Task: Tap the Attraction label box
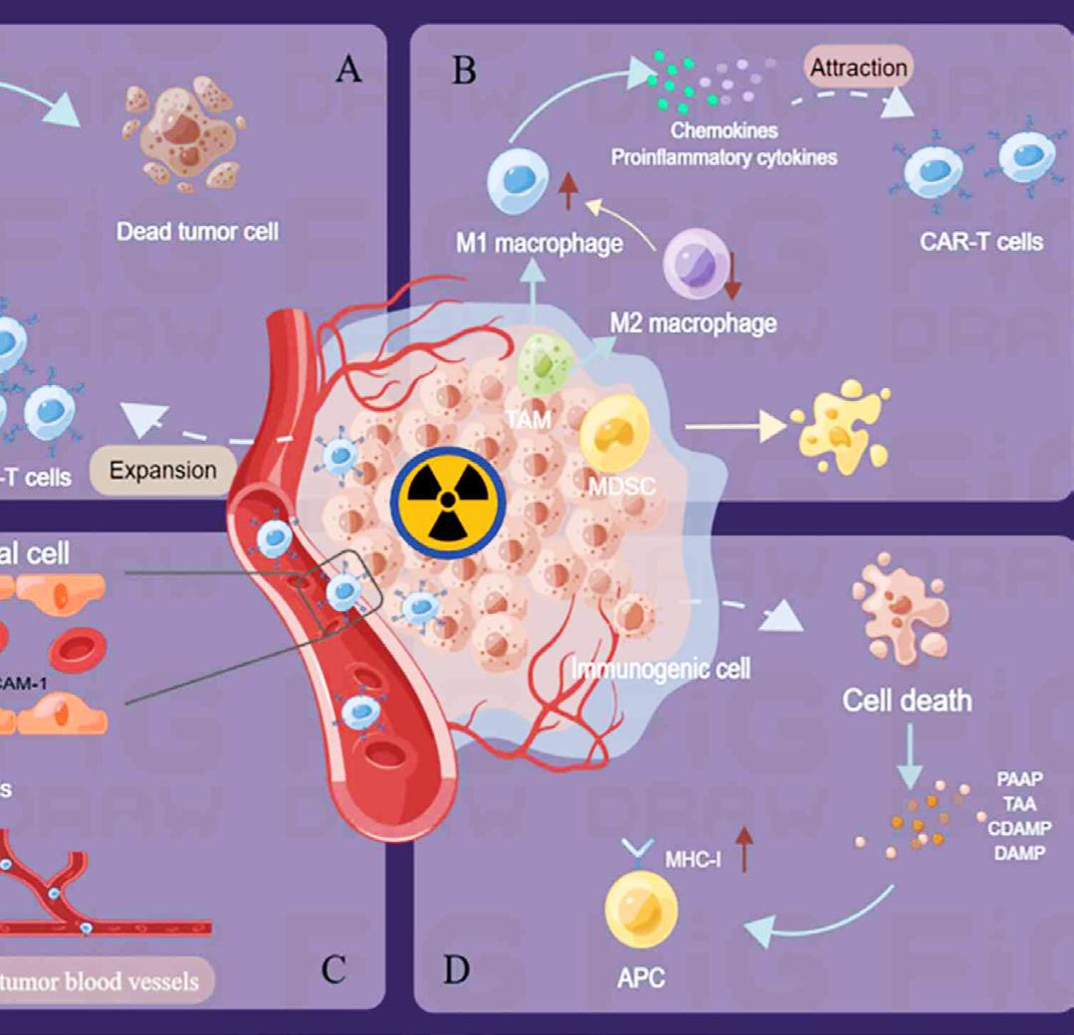pyautogui.click(x=858, y=69)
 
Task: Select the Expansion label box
pyautogui.click(x=163, y=470)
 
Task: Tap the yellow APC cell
pyautogui.click(x=641, y=909)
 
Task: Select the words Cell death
pyautogui.click(x=907, y=700)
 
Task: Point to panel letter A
pyautogui.click(x=347, y=70)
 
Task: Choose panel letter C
pyautogui.click(x=333, y=968)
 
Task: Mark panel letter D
pyautogui.click(x=456, y=968)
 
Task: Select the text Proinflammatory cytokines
pyautogui.click(x=724, y=157)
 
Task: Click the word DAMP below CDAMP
pyautogui.click(x=1019, y=853)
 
